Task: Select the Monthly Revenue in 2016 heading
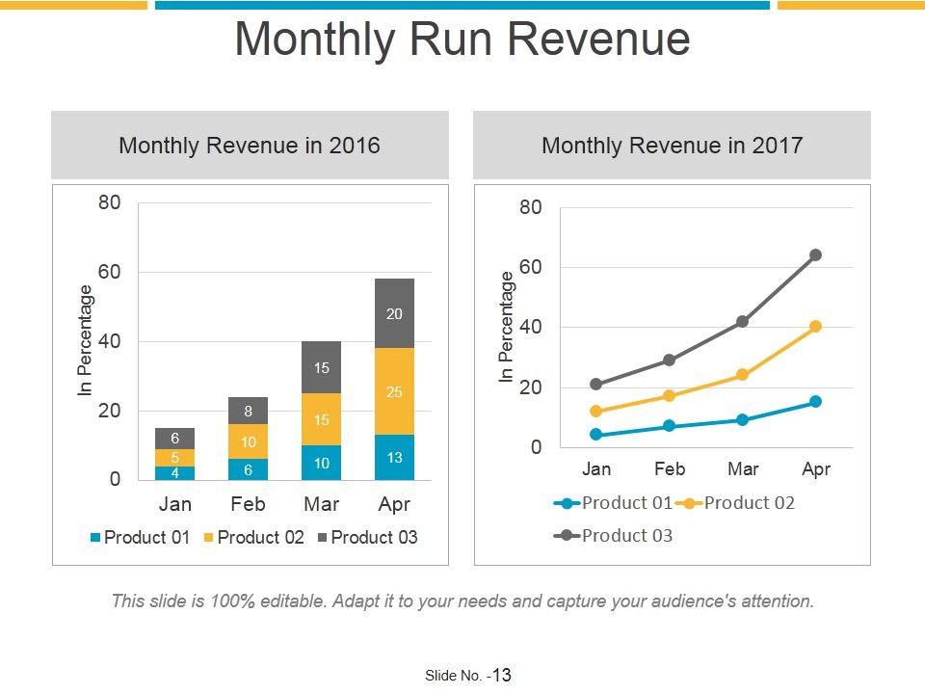pyautogui.click(x=250, y=146)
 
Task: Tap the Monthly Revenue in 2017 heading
pyautogui.click(x=672, y=146)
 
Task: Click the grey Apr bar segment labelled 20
pyautogui.click(x=394, y=313)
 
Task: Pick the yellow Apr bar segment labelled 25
pyautogui.click(x=394, y=391)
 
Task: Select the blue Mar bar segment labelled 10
pyautogui.click(x=321, y=463)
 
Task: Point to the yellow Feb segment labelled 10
pyautogui.click(x=248, y=441)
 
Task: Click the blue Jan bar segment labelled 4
pyautogui.click(x=174, y=473)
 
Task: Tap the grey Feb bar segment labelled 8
pyautogui.click(x=248, y=411)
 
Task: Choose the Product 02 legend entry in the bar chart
pyautogui.click(x=252, y=538)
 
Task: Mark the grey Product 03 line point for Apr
pyautogui.click(x=815, y=254)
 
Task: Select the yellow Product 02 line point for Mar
pyautogui.click(x=742, y=375)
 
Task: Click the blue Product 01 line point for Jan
pyautogui.click(x=595, y=435)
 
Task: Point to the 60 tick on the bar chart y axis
pyautogui.click(x=108, y=272)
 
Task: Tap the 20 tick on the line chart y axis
pyautogui.click(x=530, y=387)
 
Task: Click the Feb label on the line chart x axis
pyautogui.click(x=670, y=469)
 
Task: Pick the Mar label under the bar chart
pyautogui.click(x=321, y=504)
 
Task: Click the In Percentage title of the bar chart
pyautogui.click(x=86, y=341)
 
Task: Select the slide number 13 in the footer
pyautogui.click(x=501, y=675)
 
